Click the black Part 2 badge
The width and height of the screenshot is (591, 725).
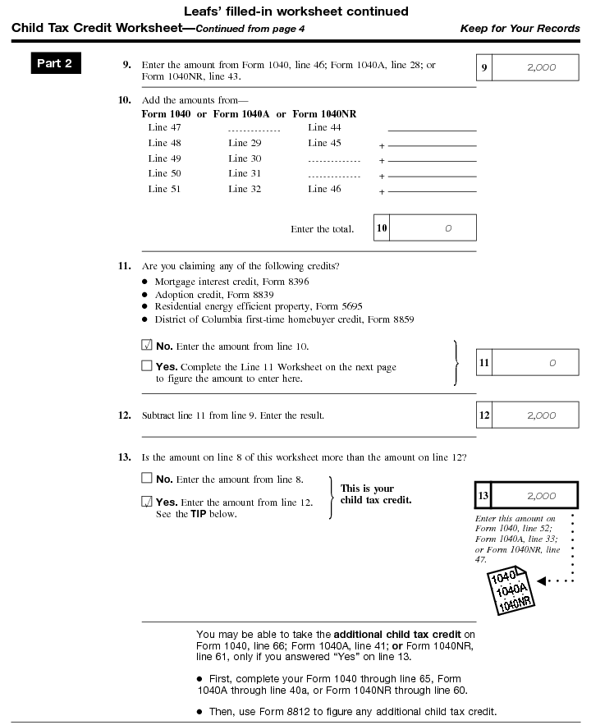tap(55, 63)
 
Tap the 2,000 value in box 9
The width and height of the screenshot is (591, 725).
tap(541, 67)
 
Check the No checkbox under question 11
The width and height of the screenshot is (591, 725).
tap(147, 346)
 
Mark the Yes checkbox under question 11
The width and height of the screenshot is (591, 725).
tap(147, 366)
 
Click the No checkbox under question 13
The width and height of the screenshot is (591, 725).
tap(147, 479)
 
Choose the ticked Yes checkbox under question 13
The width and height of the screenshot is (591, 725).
tap(147, 502)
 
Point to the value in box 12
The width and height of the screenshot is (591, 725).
tap(541, 415)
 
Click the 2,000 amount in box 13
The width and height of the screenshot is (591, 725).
tap(541, 496)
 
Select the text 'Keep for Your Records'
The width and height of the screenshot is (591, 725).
tap(520, 29)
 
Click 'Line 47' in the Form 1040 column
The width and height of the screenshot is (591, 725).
tap(164, 127)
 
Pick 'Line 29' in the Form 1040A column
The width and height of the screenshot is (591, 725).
tap(245, 143)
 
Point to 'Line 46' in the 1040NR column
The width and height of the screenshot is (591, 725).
tap(324, 189)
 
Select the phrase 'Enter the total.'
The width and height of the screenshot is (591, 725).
tap(322, 229)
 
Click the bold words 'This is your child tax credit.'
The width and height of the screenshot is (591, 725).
tap(376, 494)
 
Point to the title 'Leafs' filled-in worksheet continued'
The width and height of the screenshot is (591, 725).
tap(295, 11)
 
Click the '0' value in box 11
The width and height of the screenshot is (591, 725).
tap(552, 362)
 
